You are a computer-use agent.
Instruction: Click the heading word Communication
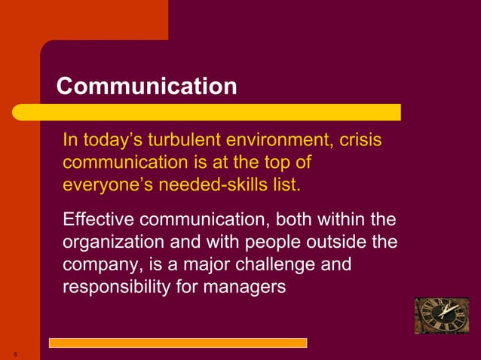[147, 86]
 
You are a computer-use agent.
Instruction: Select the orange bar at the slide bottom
[178, 343]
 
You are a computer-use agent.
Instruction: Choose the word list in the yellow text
[286, 183]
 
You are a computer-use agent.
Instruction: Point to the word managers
[250, 287]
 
